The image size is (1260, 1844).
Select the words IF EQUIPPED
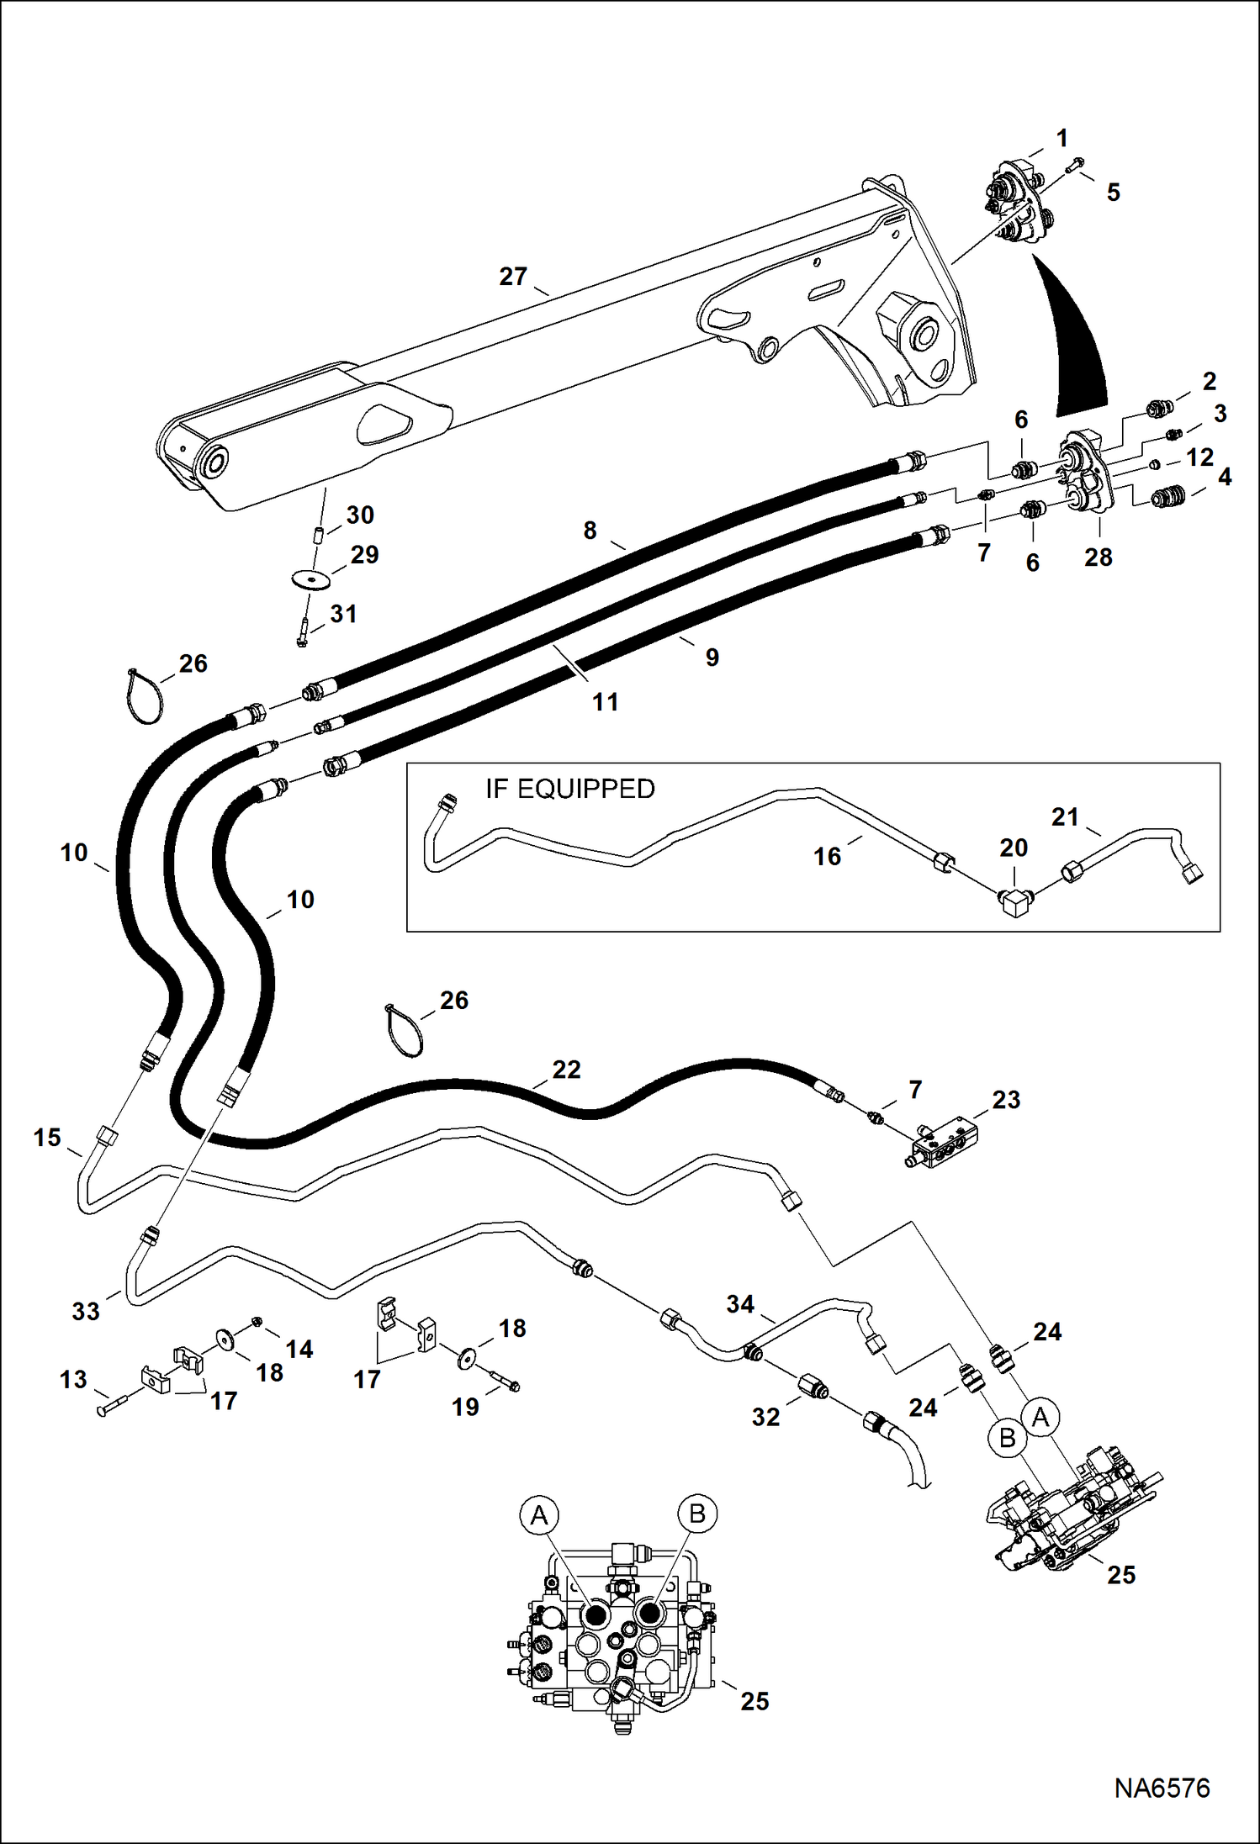coord(569,789)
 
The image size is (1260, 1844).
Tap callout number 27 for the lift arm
coord(513,277)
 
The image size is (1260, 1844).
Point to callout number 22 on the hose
coord(566,1070)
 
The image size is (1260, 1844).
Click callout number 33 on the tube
coord(86,1311)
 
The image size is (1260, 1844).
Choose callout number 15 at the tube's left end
coord(47,1138)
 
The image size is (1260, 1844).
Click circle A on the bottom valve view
coord(538,1515)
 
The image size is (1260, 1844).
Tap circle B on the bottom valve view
coord(696,1514)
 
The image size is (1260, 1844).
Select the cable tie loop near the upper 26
coord(145,696)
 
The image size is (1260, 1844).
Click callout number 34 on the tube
coord(740,1304)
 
